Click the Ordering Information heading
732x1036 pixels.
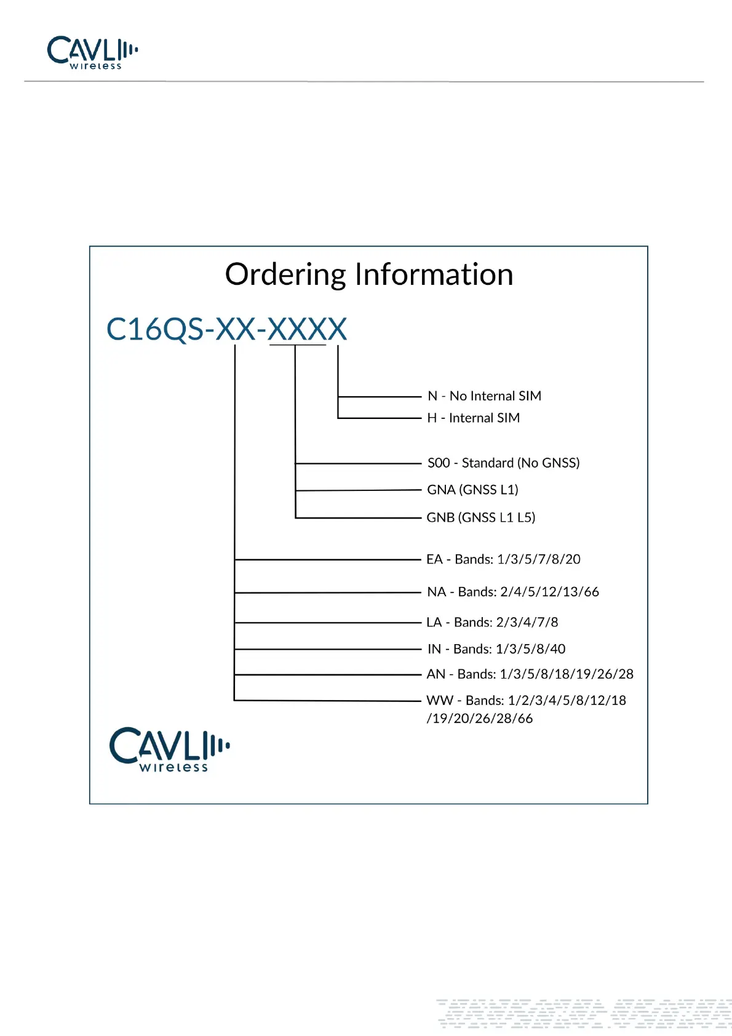click(369, 274)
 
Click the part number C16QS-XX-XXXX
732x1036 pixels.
click(226, 329)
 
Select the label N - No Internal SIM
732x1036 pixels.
click(484, 396)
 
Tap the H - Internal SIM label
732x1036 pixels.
click(473, 418)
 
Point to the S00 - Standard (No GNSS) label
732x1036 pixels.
click(503, 463)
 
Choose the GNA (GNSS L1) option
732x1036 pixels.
click(472, 490)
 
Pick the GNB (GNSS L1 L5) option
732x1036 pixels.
click(480, 517)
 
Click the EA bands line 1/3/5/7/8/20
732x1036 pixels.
click(503, 559)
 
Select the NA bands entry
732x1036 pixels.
click(512, 592)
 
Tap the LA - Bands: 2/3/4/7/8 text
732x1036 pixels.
click(492, 622)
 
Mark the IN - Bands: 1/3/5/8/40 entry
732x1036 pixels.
click(496, 649)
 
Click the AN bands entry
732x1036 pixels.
click(530, 674)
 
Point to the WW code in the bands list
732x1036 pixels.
click(439, 701)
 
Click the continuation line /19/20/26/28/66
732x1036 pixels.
click(480, 719)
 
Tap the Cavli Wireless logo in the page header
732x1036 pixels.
click(92, 52)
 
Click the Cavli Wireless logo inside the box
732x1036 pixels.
click(169, 749)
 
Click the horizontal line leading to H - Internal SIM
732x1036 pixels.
click(379, 418)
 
